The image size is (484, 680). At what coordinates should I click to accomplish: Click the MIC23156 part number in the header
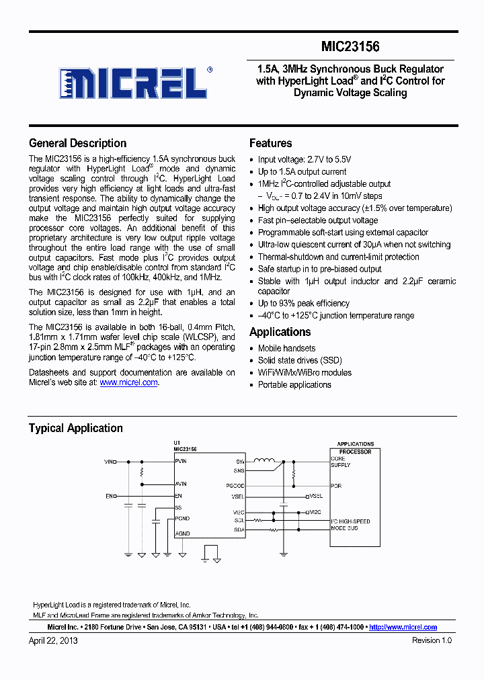[350, 46]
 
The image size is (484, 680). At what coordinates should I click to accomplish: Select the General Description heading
[77, 143]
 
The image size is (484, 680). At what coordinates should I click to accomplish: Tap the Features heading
[270, 143]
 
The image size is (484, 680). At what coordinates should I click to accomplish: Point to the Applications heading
[280, 332]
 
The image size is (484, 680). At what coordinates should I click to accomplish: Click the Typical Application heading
[75, 428]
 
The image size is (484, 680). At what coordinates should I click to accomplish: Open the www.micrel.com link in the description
[128, 382]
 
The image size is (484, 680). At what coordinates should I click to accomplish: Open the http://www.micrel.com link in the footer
[403, 627]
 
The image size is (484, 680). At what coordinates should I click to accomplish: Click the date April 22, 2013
[53, 641]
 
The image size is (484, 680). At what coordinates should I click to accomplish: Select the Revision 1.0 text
[432, 641]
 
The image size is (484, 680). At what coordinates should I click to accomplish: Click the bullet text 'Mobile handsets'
[286, 348]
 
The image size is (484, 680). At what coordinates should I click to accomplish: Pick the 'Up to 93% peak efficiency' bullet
[305, 304]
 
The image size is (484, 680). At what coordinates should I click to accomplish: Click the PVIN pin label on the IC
[182, 462]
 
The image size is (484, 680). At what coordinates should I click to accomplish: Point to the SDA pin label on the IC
[239, 529]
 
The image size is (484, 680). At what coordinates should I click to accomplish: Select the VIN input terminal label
[109, 462]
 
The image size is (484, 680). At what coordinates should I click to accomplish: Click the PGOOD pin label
[235, 485]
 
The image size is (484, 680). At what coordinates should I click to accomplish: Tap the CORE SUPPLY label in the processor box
[340, 462]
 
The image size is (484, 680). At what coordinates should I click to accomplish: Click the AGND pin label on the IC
[182, 534]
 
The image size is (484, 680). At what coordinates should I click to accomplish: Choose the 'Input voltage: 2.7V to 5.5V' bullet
[305, 160]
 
